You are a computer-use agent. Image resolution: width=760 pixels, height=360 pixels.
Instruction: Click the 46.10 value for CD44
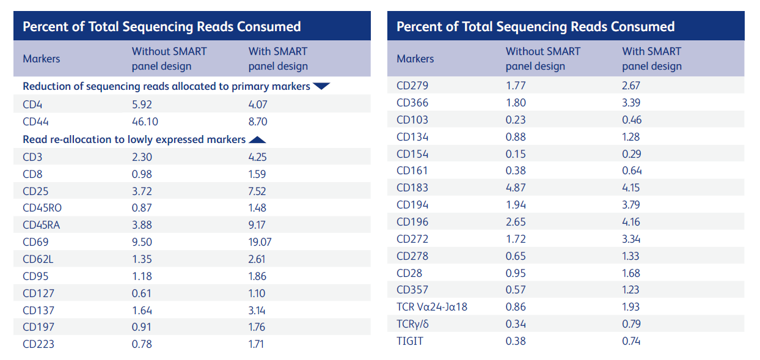coord(145,122)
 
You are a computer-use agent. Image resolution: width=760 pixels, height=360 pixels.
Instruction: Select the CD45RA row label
coord(42,225)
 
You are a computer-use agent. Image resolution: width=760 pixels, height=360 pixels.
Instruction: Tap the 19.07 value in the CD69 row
coord(260,242)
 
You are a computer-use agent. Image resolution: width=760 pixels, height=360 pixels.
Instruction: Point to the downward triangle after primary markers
coord(321,86)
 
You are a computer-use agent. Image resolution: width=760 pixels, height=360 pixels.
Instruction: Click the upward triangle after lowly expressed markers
coord(258,139)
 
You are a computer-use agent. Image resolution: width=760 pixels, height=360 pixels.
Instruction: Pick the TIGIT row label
coord(410,341)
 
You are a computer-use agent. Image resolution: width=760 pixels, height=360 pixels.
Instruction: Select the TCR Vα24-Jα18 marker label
coord(432,307)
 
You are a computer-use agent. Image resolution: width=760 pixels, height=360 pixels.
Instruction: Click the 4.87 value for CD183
coord(516,188)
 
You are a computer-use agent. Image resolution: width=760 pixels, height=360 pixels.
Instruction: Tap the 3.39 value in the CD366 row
coord(631,103)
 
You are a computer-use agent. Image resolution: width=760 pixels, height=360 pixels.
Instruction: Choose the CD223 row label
coord(38,344)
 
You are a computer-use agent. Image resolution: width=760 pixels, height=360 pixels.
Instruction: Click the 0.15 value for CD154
coord(516,154)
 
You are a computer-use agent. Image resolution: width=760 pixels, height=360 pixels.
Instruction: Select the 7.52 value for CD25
coord(258,191)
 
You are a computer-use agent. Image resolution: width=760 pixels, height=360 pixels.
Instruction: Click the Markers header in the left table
coord(42,59)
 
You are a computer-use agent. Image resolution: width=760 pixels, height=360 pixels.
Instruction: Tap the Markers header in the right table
coord(415,59)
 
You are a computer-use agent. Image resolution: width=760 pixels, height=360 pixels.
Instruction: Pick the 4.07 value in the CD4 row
coord(258,105)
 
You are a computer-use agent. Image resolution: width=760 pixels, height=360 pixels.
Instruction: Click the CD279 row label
coord(412,86)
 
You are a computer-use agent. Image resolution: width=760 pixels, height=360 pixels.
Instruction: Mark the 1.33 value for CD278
coord(631,256)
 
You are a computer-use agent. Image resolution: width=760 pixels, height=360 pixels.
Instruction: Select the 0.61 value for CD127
coord(142,293)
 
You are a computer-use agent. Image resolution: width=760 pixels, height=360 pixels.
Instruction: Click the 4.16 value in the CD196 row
coord(632,222)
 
